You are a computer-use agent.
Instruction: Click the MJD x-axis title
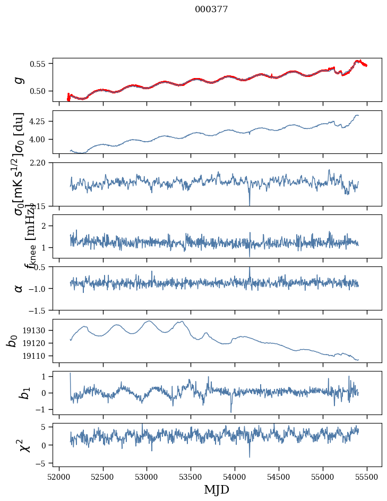[x=217, y=490]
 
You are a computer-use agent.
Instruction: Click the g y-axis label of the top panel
[x=19, y=80]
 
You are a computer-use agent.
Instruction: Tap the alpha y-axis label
[x=19, y=288]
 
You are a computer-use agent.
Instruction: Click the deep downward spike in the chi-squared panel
[x=250, y=456]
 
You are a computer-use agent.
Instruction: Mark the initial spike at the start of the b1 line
[x=71, y=374]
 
